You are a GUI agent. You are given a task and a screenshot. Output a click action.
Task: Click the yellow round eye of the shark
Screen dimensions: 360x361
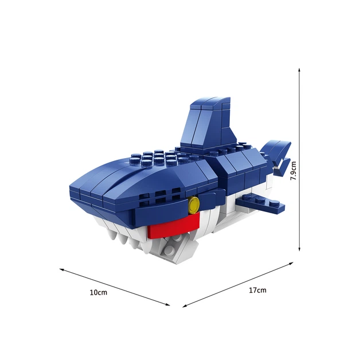pos(194,203)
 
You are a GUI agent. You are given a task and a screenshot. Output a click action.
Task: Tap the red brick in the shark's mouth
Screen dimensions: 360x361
pos(174,226)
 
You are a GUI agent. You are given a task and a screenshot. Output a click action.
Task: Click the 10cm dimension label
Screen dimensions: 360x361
pos(99,292)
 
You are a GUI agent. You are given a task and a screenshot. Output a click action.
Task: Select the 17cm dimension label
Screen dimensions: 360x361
pos(257,290)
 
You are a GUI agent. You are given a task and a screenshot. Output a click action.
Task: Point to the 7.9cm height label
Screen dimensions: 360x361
pos(294,171)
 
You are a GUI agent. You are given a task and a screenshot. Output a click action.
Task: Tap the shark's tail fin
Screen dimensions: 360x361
pos(277,156)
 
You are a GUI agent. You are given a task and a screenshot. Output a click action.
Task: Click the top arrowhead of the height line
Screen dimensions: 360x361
pos(299,70)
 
